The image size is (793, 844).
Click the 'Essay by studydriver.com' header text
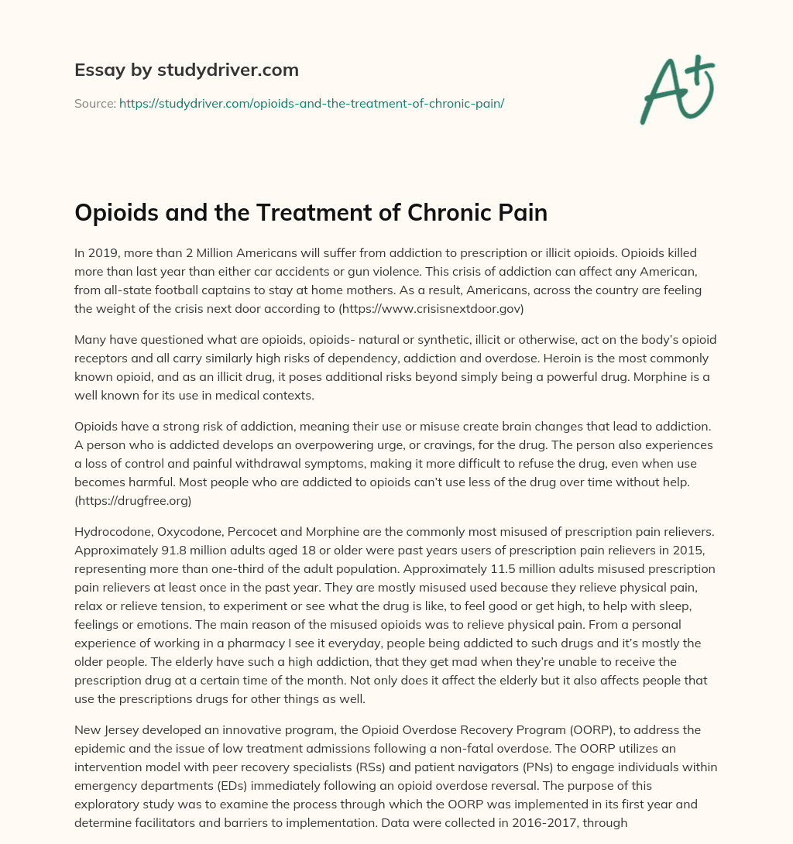click(187, 70)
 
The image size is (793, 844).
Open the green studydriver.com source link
click(311, 103)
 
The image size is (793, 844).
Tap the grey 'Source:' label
click(94, 103)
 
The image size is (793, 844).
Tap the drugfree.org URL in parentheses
click(133, 501)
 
